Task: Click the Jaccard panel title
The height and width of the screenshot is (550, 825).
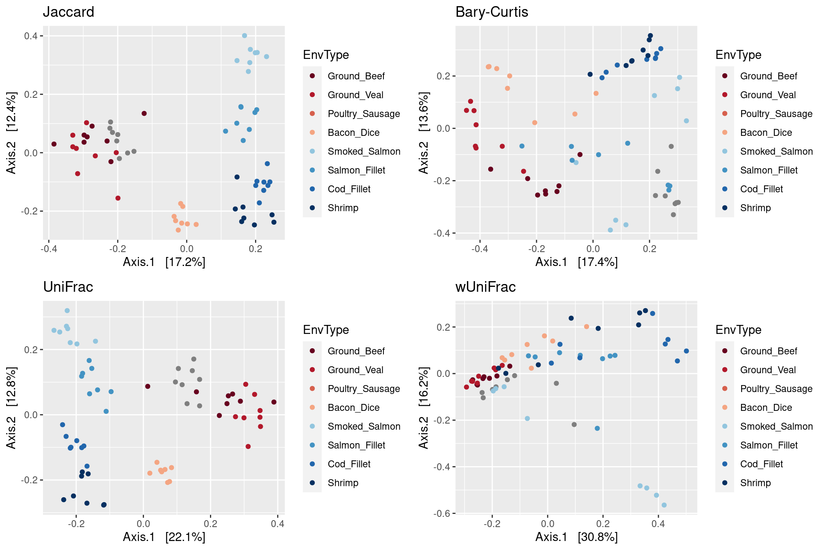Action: point(68,12)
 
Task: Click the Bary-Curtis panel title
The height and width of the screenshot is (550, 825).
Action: point(491,12)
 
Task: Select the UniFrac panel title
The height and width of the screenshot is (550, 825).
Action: point(68,287)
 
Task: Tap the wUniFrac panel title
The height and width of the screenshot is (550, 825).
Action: point(485,287)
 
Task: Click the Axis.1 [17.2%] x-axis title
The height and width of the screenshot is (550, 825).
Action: point(164,262)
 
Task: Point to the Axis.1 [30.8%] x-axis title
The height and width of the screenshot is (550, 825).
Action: point(577,537)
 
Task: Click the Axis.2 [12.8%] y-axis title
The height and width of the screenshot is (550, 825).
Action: point(11,408)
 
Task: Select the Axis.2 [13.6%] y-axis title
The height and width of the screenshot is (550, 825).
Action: point(424,133)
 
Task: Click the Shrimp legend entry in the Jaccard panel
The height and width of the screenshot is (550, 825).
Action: point(343,208)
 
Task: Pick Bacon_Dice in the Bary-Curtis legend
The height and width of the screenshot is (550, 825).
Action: point(766,133)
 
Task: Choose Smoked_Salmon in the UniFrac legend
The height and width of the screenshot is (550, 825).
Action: point(364,426)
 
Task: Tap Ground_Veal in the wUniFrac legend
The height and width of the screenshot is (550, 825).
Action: point(768,370)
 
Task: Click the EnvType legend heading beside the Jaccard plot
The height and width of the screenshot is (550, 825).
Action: point(326,55)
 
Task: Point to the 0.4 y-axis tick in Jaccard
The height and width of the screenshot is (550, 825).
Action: point(31,36)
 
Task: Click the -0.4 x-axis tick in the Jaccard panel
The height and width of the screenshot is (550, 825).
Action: point(48,249)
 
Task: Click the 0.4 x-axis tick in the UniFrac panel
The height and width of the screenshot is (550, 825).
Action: point(277,524)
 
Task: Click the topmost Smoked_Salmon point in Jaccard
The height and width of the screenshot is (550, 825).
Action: point(244,36)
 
